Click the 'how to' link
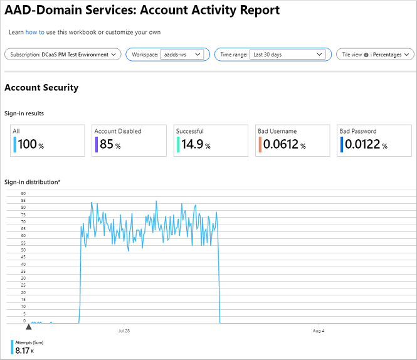coord(34,31)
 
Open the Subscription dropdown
coord(63,55)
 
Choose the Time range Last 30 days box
coord(289,55)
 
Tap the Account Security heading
coord(41,88)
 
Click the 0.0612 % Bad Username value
coord(284,145)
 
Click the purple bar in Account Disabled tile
coord(96,145)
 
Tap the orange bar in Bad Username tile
coord(260,145)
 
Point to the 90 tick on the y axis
coord(23,193)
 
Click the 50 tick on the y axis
coord(23,250)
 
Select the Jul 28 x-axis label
coord(124,330)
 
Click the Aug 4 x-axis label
coord(318,330)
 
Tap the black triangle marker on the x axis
coord(28,326)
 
